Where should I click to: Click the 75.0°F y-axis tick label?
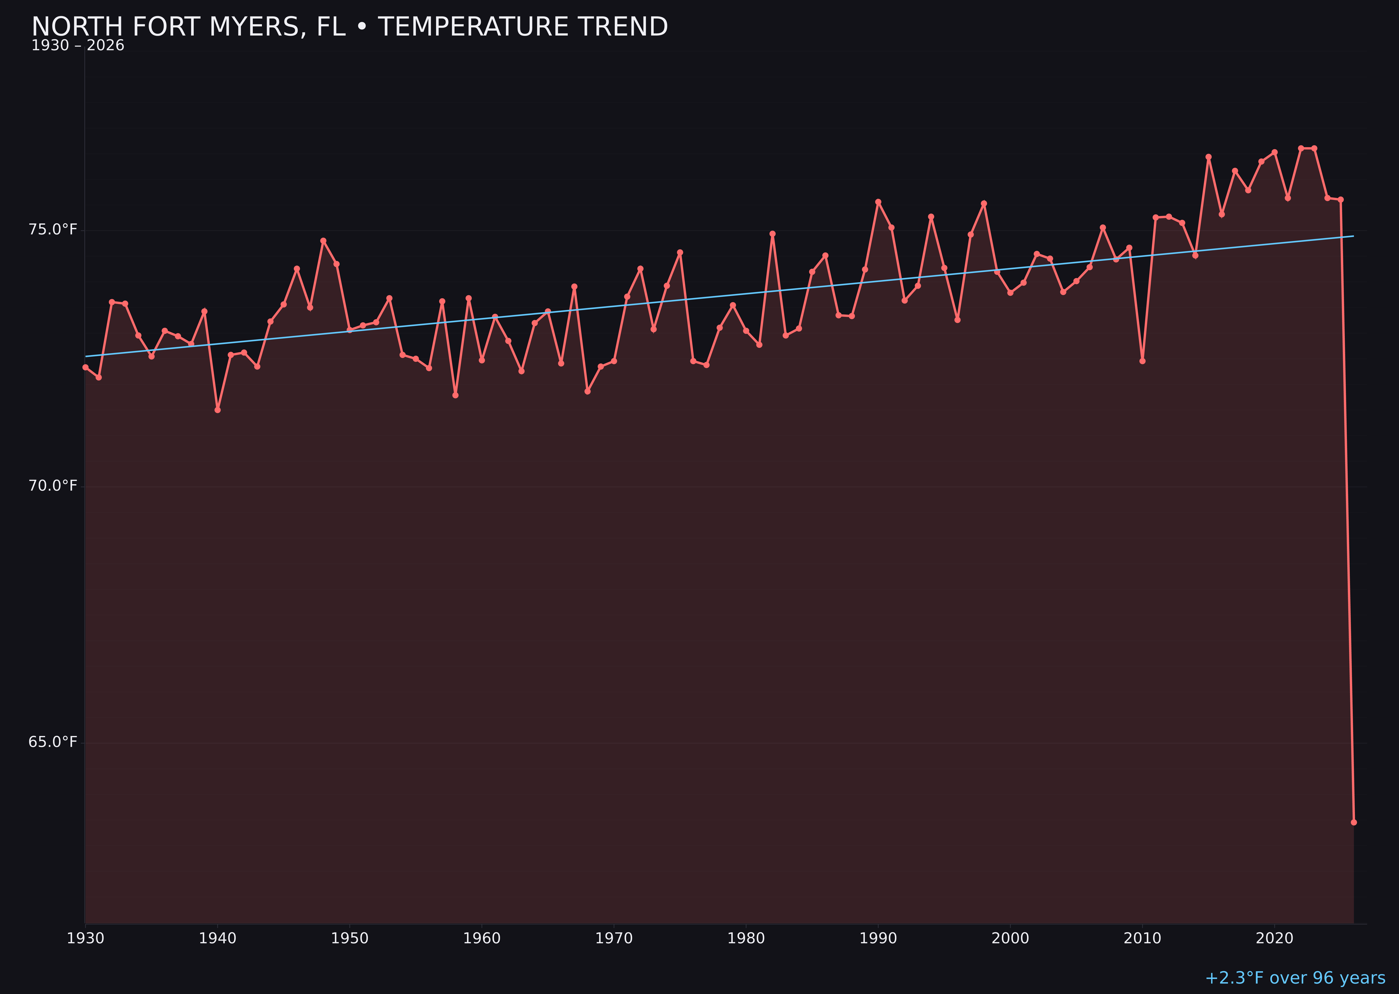(53, 230)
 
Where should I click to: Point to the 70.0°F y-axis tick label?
(53, 486)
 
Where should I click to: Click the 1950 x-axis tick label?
(350, 938)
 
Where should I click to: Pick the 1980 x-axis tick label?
(746, 938)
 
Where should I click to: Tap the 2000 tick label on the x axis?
(1010, 938)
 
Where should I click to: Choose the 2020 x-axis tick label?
(1274, 938)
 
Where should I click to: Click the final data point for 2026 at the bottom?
(1354, 822)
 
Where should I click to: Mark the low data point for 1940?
(218, 410)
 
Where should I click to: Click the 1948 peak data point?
(324, 240)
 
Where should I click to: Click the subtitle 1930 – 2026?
(78, 46)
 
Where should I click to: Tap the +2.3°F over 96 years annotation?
(1295, 978)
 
